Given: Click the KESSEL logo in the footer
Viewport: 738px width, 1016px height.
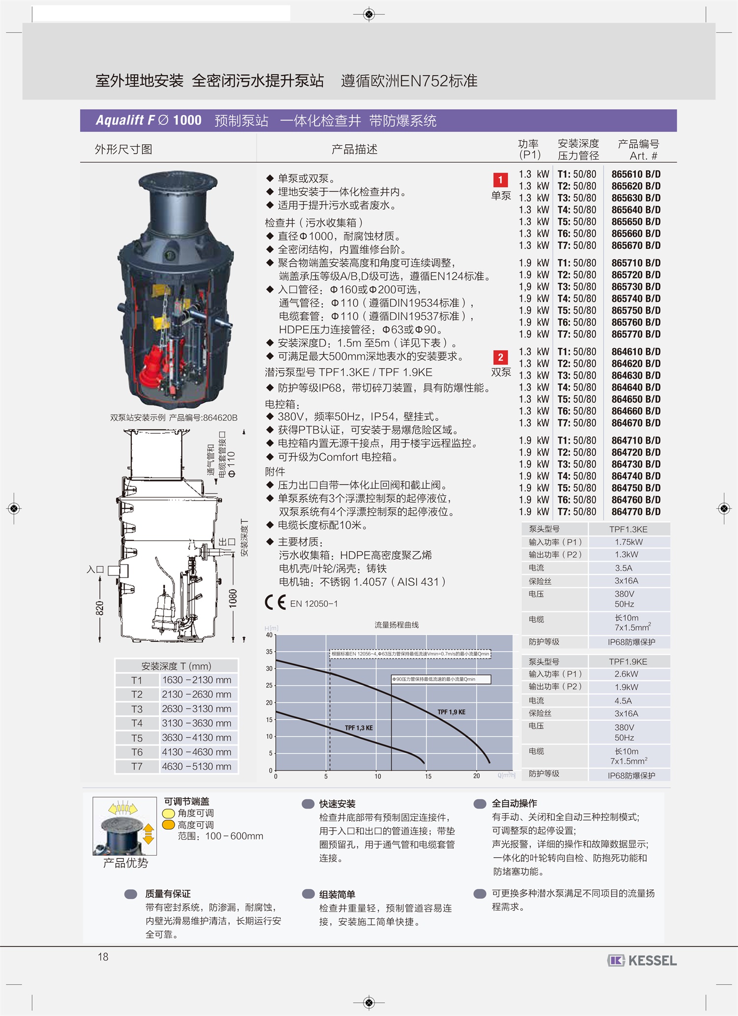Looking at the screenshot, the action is pyautogui.click(x=642, y=960).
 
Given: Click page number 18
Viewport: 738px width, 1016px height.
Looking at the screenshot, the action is pyautogui.click(x=103, y=956).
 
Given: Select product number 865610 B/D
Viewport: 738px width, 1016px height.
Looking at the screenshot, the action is pyautogui.click(x=636, y=174).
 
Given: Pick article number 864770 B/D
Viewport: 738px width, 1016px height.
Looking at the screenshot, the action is pyautogui.click(x=636, y=511).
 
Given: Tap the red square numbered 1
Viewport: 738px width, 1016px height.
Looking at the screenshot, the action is pyautogui.click(x=500, y=179).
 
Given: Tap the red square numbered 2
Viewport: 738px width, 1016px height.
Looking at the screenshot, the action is pyautogui.click(x=500, y=357).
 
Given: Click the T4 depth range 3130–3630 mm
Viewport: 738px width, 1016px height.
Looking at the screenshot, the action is pyautogui.click(x=196, y=723).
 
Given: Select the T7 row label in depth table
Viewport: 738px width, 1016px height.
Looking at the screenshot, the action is pyautogui.click(x=137, y=766).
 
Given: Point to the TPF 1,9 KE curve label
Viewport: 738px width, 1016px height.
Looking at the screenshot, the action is pyautogui.click(x=451, y=712).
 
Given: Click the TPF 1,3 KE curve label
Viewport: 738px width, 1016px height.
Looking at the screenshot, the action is pyautogui.click(x=359, y=728).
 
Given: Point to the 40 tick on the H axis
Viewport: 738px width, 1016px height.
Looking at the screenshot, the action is pyautogui.click(x=269, y=635).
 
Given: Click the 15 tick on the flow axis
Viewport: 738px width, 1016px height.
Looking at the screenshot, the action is pyautogui.click(x=428, y=776).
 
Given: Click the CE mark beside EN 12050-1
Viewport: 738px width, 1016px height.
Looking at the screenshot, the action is pyautogui.click(x=275, y=602).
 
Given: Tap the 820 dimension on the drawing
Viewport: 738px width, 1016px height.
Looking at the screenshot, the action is pyautogui.click(x=100, y=608).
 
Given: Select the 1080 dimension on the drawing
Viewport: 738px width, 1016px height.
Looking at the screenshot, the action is pyautogui.click(x=233, y=598).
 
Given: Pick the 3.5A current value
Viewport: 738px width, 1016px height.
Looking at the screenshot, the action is pyautogui.click(x=623, y=568).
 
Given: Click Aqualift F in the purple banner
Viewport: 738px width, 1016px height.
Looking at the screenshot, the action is pyautogui.click(x=125, y=120).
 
